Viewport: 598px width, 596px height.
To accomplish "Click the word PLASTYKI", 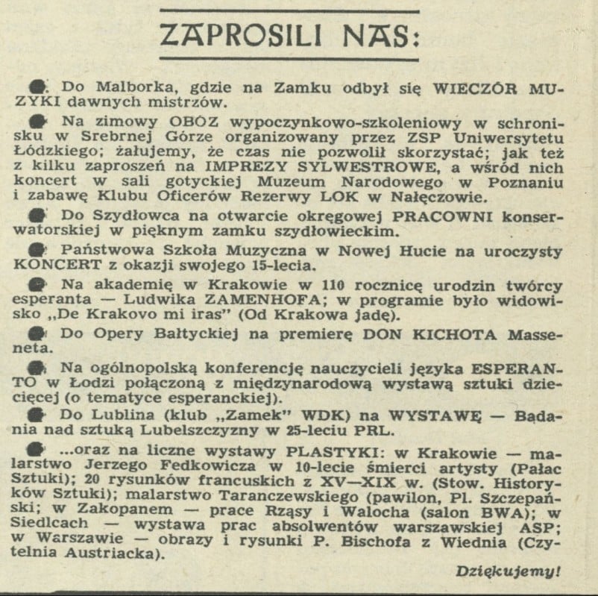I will click(x=330, y=450).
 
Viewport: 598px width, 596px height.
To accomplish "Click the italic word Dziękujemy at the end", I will click(x=508, y=572).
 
